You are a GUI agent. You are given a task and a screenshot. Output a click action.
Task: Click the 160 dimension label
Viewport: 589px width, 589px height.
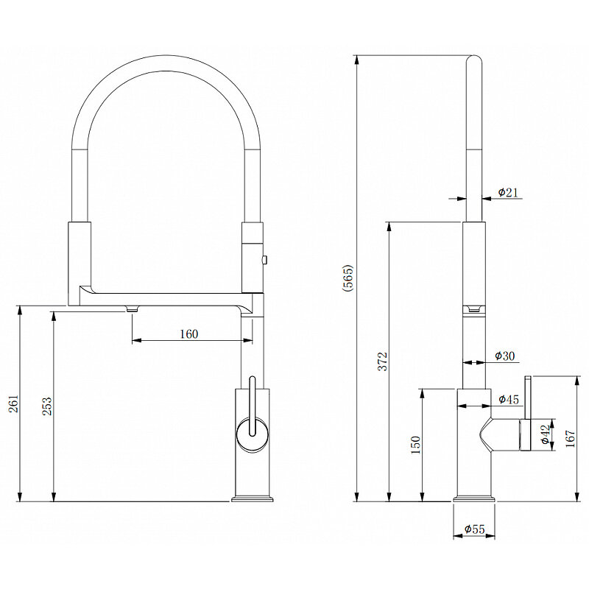point(188,334)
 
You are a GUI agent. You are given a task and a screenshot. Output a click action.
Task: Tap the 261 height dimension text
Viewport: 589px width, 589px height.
point(13,403)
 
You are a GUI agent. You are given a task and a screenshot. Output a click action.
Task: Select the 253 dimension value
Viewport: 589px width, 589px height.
point(47,406)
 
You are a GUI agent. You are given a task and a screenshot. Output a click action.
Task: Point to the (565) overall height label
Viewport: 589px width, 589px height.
point(348,278)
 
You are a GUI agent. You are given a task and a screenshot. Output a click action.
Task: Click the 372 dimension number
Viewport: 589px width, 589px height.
point(382,361)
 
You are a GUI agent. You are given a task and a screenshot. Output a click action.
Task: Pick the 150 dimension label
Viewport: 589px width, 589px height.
point(415,445)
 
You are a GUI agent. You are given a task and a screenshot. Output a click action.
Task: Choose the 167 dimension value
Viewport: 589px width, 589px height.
point(570,438)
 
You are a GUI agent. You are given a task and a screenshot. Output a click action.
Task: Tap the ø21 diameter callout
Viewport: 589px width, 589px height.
point(508,192)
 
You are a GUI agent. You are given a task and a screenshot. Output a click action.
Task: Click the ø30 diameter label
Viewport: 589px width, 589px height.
point(505,356)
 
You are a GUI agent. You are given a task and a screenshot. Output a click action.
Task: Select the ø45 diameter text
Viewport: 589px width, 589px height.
point(509,399)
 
